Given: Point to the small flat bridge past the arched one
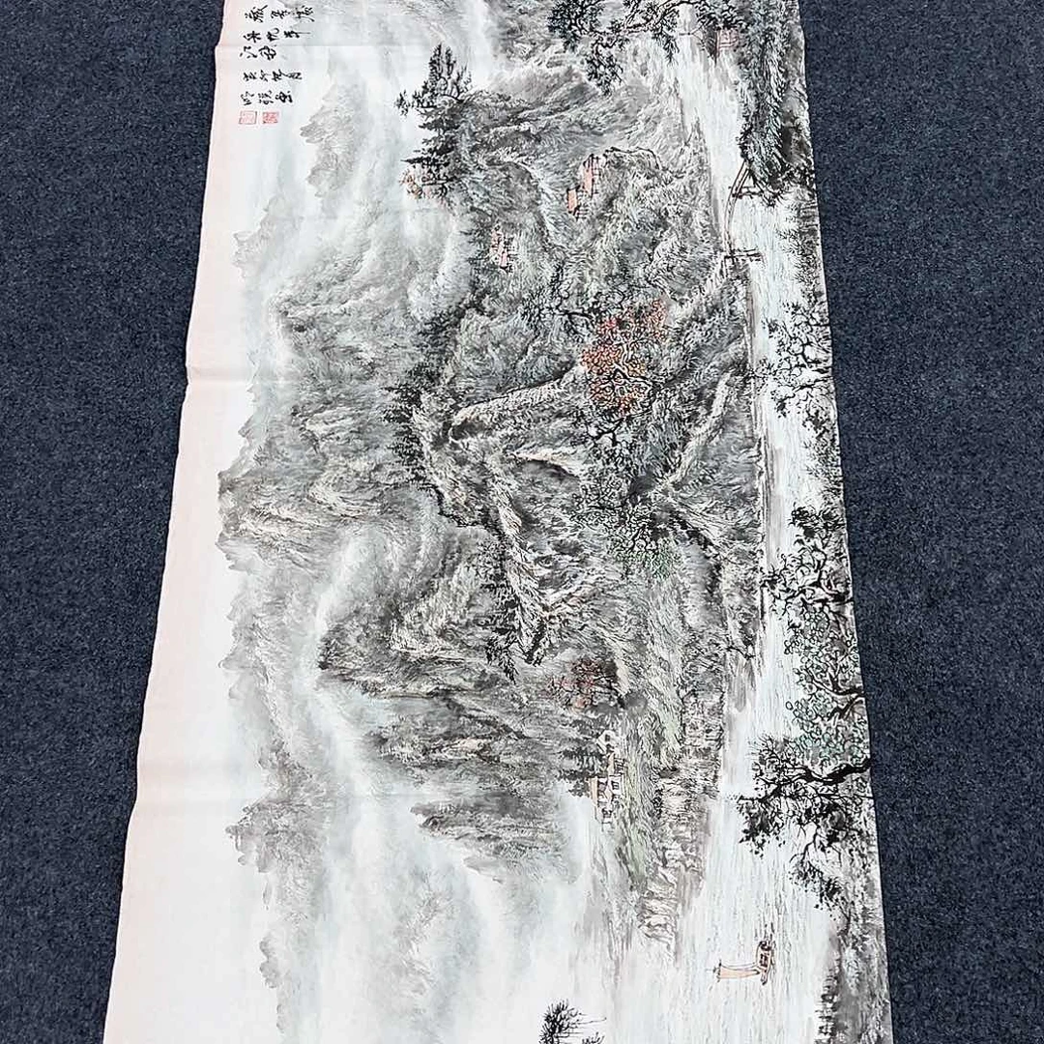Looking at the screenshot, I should [744, 255].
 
